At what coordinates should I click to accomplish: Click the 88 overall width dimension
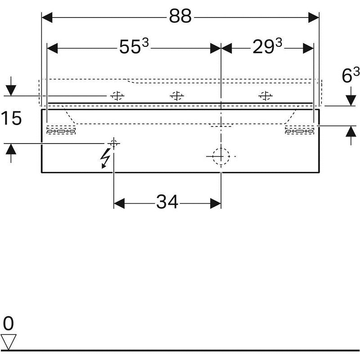tap(180, 17)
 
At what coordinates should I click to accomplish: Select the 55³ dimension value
tap(134, 46)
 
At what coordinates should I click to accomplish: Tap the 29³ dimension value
tap(267, 46)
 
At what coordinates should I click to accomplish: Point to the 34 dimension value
tap(167, 202)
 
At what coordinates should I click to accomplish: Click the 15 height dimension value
tap(11, 118)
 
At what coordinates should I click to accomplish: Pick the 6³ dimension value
tap(351, 75)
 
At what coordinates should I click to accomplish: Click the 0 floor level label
tap(9, 323)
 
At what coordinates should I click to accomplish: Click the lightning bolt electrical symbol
tap(105, 158)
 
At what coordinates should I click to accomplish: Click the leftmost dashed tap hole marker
tap(117, 95)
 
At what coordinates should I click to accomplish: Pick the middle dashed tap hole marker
tap(177, 95)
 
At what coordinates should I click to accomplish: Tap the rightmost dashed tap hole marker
tap(265, 95)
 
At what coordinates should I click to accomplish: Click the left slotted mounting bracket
tap(61, 130)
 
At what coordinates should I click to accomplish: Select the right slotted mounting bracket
tap(300, 130)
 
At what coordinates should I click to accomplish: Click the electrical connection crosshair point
tap(114, 144)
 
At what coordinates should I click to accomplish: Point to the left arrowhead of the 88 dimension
tap(47, 18)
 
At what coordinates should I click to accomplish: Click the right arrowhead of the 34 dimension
tap(216, 203)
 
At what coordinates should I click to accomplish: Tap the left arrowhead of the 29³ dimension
tap(226, 48)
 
